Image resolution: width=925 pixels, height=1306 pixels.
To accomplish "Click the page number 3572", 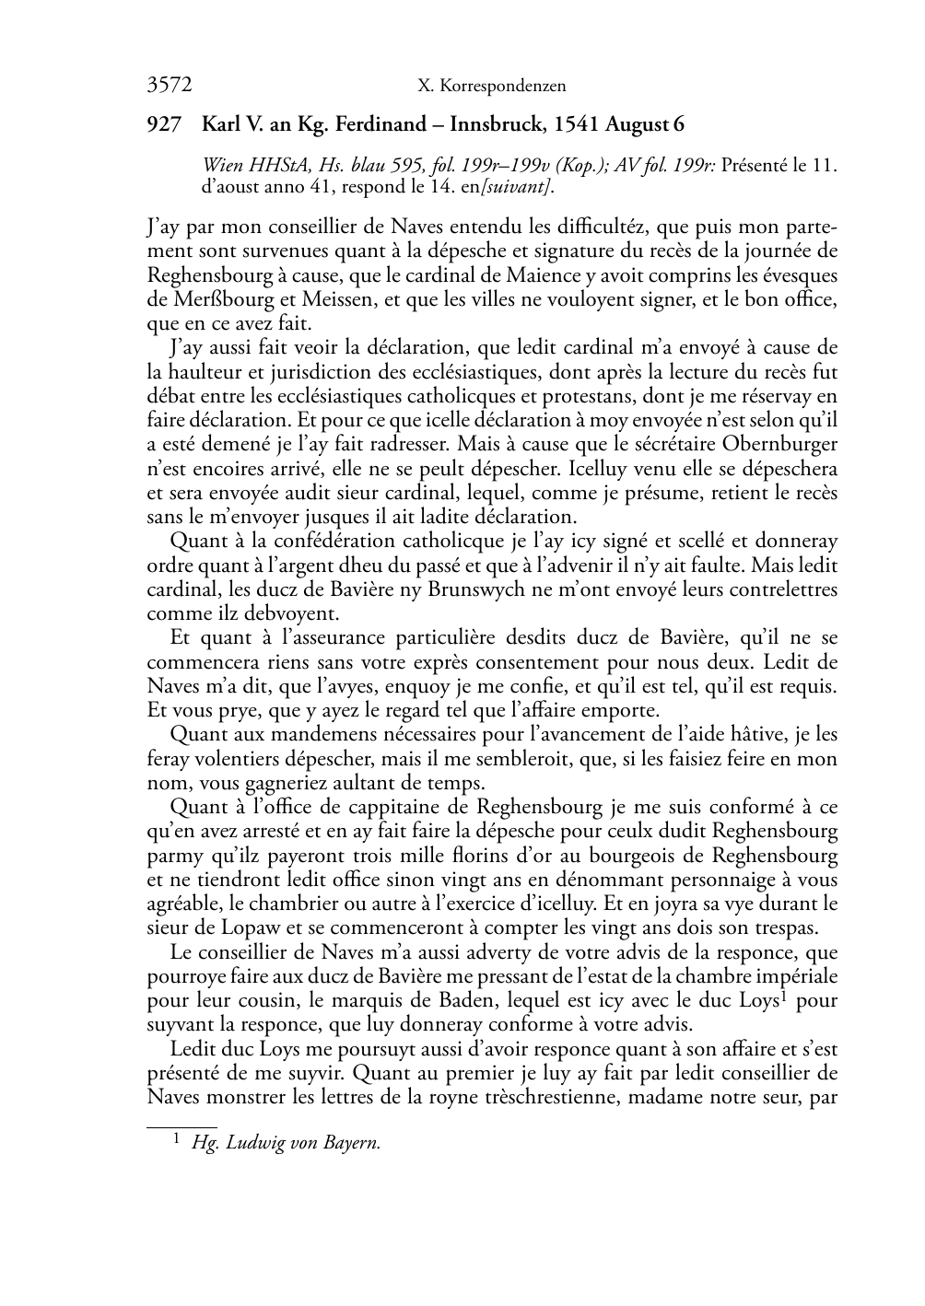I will (x=169, y=86).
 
